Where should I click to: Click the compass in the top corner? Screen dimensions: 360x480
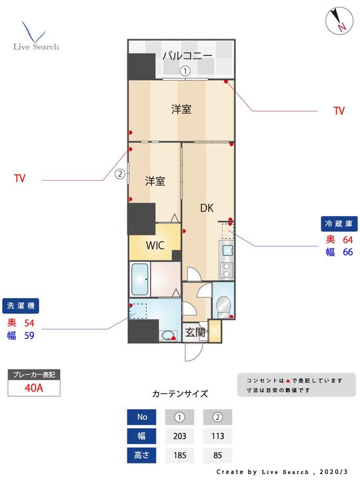(339, 21)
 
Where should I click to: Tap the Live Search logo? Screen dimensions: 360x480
(36, 36)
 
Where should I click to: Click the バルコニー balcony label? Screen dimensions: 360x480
(187, 56)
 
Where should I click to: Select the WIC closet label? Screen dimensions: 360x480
(155, 245)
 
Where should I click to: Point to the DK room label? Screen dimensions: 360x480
(207, 208)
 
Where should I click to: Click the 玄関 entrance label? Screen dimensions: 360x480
(195, 332)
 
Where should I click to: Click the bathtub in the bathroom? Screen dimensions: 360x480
(140, 279)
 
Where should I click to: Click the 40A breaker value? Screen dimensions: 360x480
(34, 388)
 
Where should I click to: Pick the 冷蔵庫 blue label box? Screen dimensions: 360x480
(339, 224)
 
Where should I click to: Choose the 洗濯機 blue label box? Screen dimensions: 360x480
(21, 306)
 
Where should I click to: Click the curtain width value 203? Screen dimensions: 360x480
(180, 436)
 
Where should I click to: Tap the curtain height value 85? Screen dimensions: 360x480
(217, 455)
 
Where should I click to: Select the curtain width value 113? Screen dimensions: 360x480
(217, 436)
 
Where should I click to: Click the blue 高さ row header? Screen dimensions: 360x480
(142, 455)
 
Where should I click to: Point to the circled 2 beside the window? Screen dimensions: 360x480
(120, 174)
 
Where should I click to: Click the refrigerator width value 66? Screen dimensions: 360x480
(348, 252)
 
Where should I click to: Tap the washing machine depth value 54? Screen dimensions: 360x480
(29, 323)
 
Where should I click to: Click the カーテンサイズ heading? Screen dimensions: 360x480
(180, 394)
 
